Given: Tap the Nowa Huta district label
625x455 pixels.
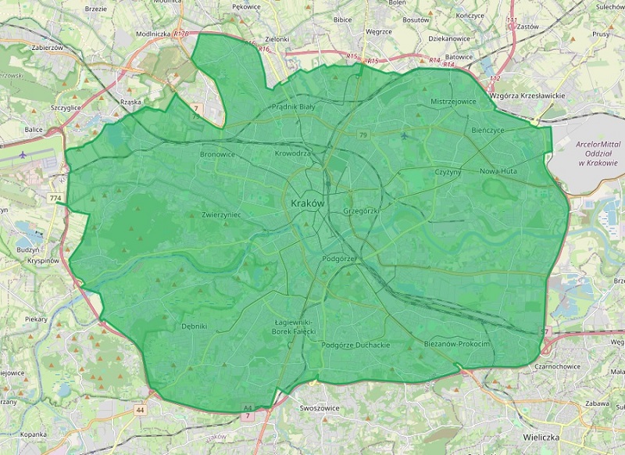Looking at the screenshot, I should click(500, 171).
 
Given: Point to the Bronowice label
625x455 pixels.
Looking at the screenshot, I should click(218, 154).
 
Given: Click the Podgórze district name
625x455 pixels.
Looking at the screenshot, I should click(339, 259).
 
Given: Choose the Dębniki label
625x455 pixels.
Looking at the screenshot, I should click(194, 326).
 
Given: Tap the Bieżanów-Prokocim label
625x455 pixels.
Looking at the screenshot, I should click(456, 344).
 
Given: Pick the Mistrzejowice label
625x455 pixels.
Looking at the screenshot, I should click(453, 102).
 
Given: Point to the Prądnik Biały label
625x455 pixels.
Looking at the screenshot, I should click(293, 106).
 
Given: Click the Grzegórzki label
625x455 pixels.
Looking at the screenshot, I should click(361, 212).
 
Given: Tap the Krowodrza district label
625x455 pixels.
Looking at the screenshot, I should click(293, 153).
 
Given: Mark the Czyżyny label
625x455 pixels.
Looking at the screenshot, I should click(448, 171).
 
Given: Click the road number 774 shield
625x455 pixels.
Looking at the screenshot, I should click(55, 199).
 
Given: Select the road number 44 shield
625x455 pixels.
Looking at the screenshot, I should click(140, 409).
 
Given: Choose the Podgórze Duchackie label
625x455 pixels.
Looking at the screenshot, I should click(355, 345).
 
